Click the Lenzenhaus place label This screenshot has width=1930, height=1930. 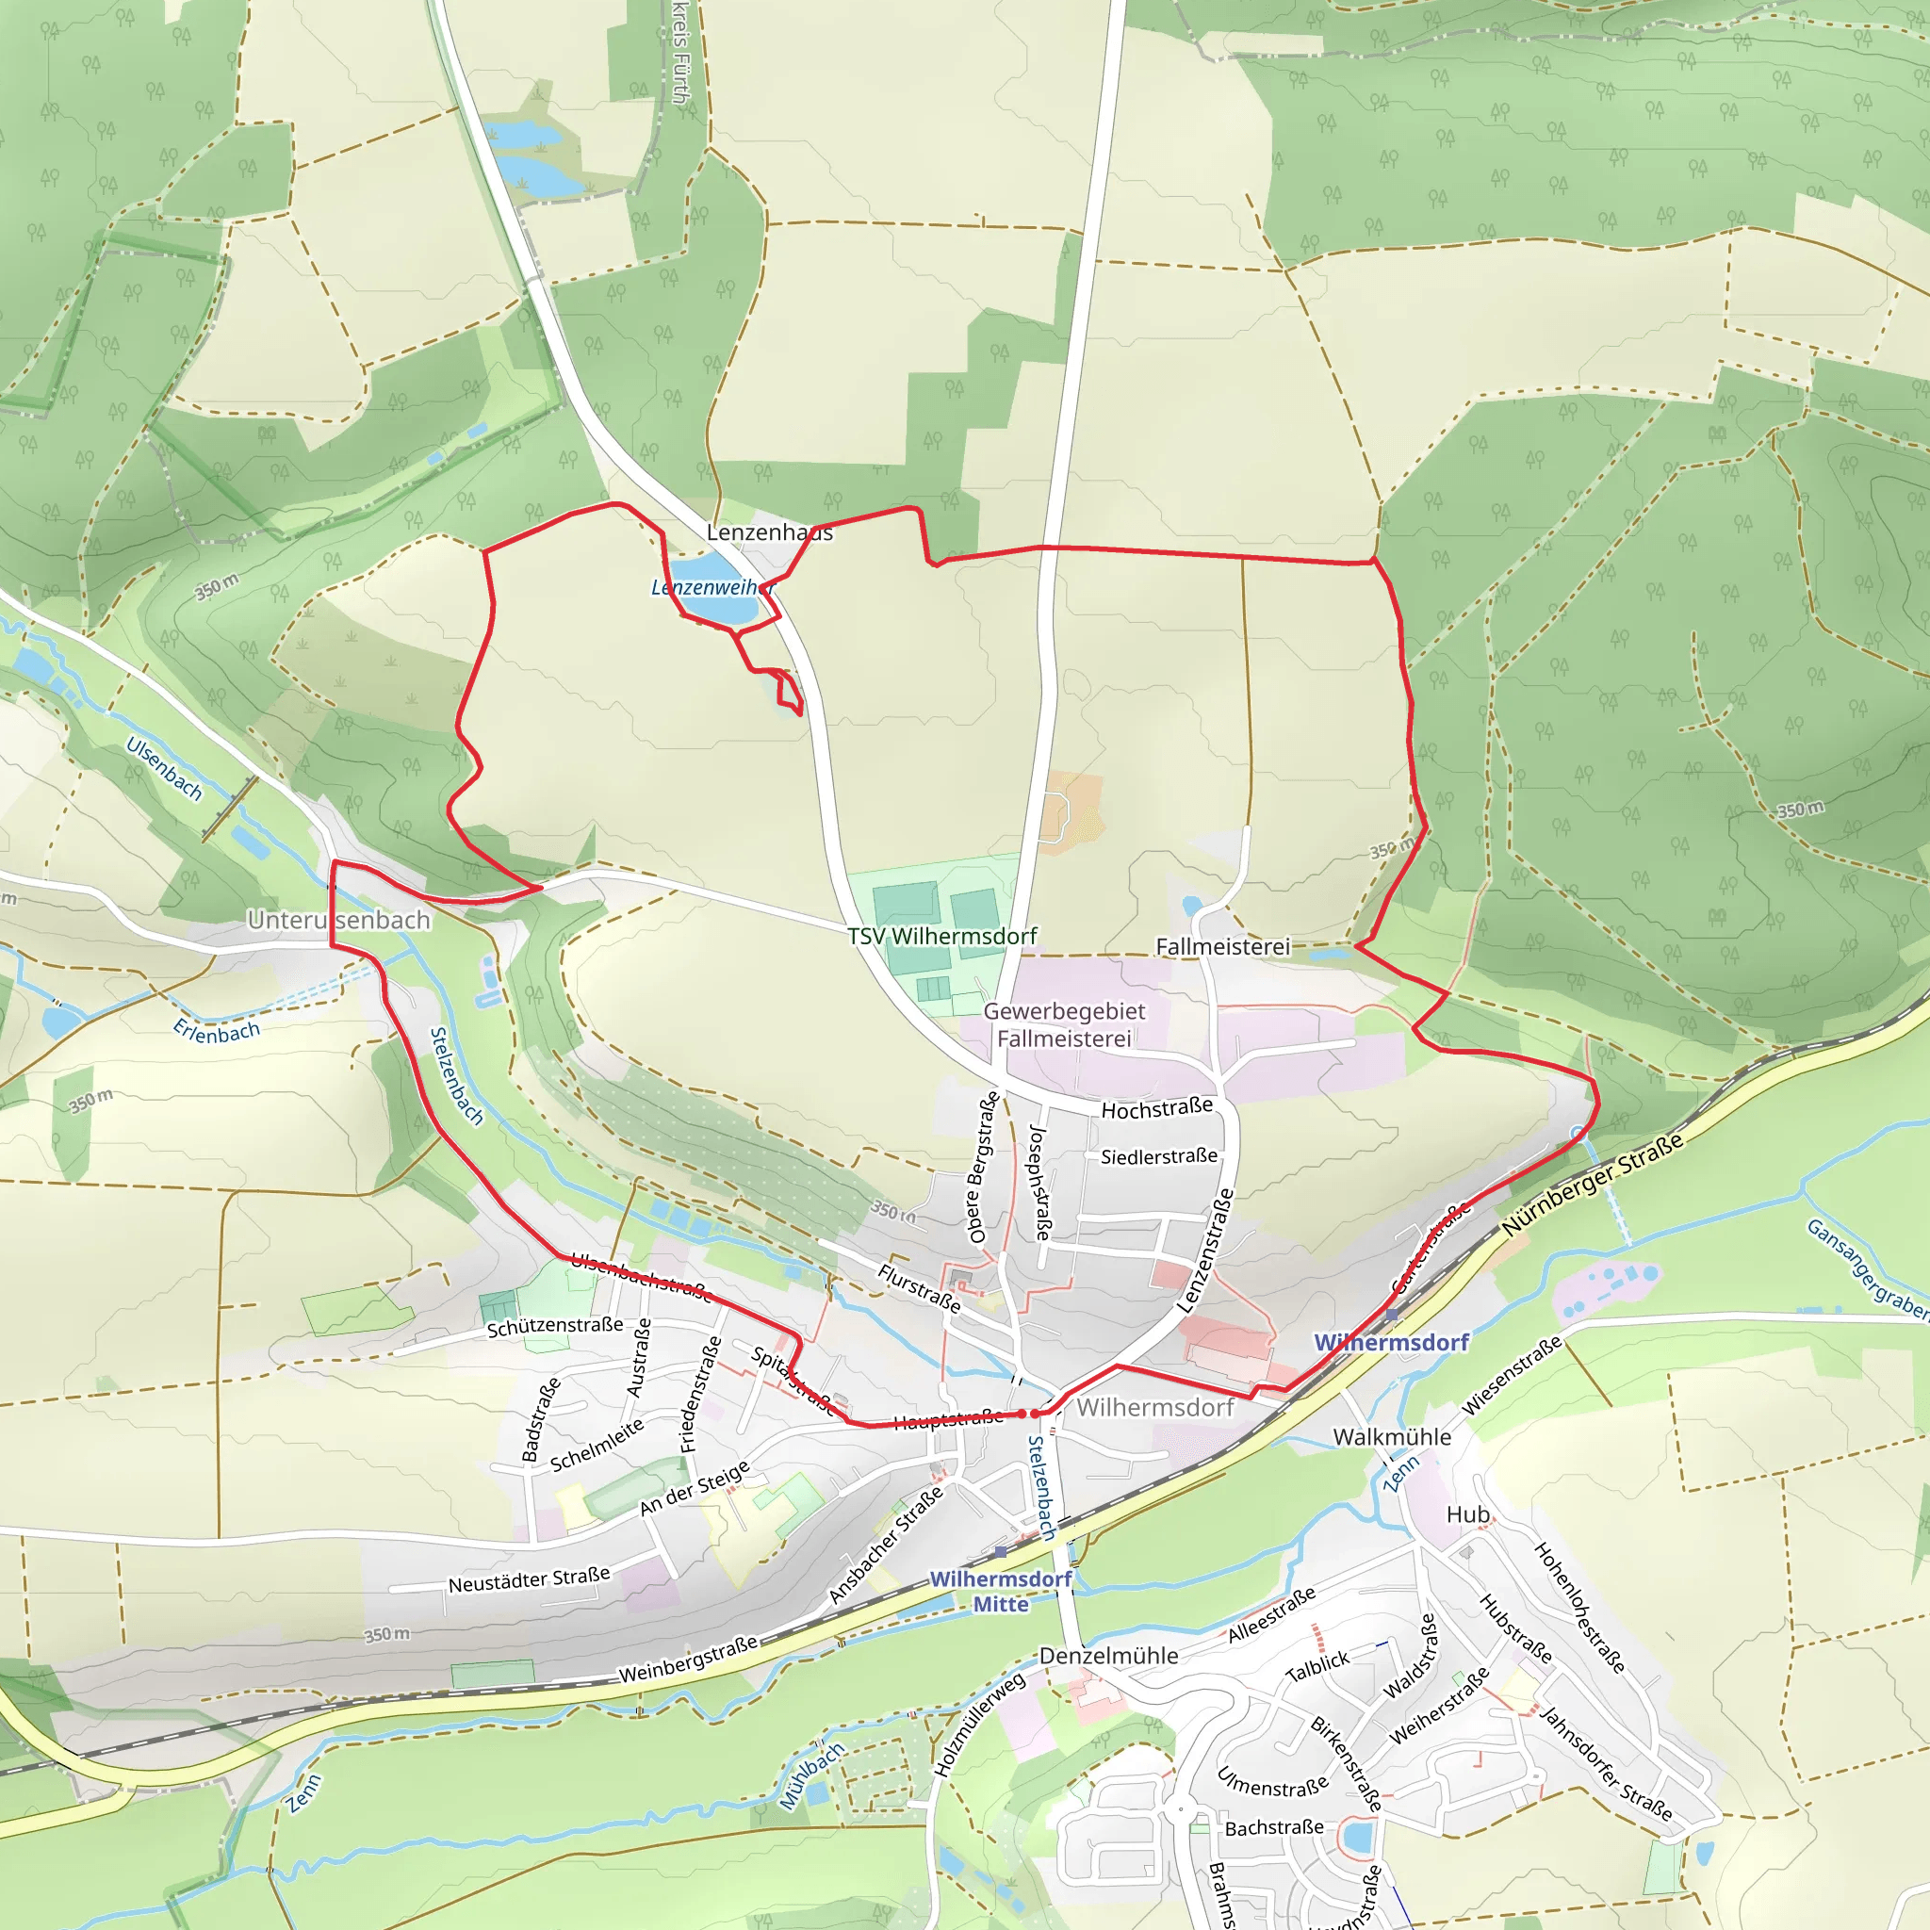[x=768, y=532]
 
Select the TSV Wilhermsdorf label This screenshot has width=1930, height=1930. [x=942, y=936]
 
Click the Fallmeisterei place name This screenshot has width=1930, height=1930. [x=1222, y=946]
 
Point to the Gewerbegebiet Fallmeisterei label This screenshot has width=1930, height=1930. [x=1064, y=1025]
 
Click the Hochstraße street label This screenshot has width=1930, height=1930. [x=1157, y=1108]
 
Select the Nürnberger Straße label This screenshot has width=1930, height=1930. [x=1593, y=1183]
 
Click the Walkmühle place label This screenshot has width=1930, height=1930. [x=1392, y=1436]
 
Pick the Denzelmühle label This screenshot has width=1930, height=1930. [x=1109, y=1655]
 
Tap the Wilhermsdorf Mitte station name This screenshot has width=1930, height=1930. [x=1000, y=1592]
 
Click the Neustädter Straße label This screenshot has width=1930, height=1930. [x=529, y=1580]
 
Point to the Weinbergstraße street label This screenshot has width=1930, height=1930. [x=688, y=1660]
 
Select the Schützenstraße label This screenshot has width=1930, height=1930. [x=554, y=1327]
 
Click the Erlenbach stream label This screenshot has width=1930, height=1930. [x=217, y=1031]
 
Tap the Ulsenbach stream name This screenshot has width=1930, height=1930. [x=164, y=768]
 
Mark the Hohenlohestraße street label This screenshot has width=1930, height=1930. [x=1578, y=1608]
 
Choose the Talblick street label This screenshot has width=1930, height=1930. [x=1317, y=1665]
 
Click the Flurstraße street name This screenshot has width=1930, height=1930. [x=919, y=1287]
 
